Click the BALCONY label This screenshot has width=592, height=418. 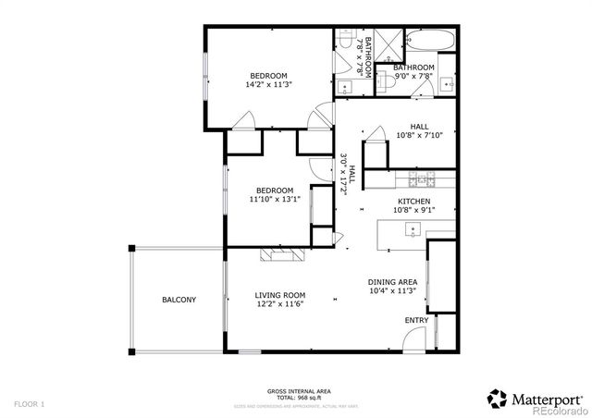tap(179, 300)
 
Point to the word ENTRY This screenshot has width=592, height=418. tap(416, 321)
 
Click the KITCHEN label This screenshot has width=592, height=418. tap(413, 201)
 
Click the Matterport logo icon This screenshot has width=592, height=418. tap(497, 398)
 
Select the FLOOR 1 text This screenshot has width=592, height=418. tap(29, 404)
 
